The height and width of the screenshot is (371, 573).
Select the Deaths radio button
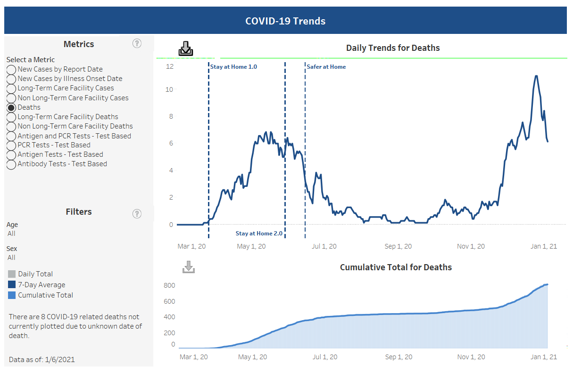point(11,107)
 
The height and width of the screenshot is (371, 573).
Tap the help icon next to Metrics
point(137,44)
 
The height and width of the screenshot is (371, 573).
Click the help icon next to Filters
point(137,214)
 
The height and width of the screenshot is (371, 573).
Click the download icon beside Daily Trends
point(186,48)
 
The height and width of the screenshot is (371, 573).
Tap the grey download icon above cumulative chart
point(189,267)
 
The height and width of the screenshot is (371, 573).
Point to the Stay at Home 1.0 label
point(233,67)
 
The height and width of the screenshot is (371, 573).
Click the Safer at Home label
point(326,67)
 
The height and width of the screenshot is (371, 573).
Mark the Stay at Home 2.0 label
point(259,234)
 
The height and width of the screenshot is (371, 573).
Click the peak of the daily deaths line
point(536,76)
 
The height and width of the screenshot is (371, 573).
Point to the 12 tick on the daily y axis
point(170,66)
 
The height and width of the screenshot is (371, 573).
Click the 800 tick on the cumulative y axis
point(169,285)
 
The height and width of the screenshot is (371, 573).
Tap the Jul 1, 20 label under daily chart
point(324,246)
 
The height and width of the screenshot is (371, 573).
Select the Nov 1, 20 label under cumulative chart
point(471,357)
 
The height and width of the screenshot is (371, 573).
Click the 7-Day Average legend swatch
point(12,284)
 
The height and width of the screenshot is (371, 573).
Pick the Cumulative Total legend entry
point(45,295)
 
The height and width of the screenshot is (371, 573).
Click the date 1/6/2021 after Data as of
point(60,360)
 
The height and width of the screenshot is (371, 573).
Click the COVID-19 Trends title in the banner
point(285,21)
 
